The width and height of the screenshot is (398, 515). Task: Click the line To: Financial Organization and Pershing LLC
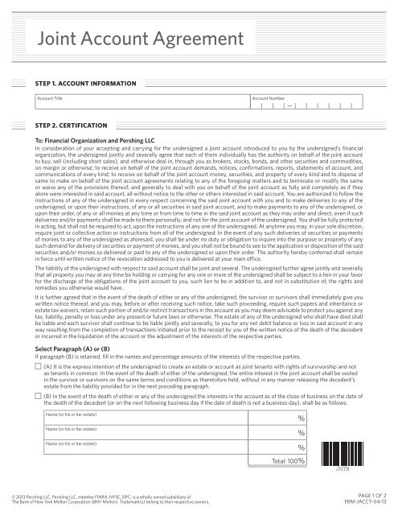pyautogui.click(x=90, y=140)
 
